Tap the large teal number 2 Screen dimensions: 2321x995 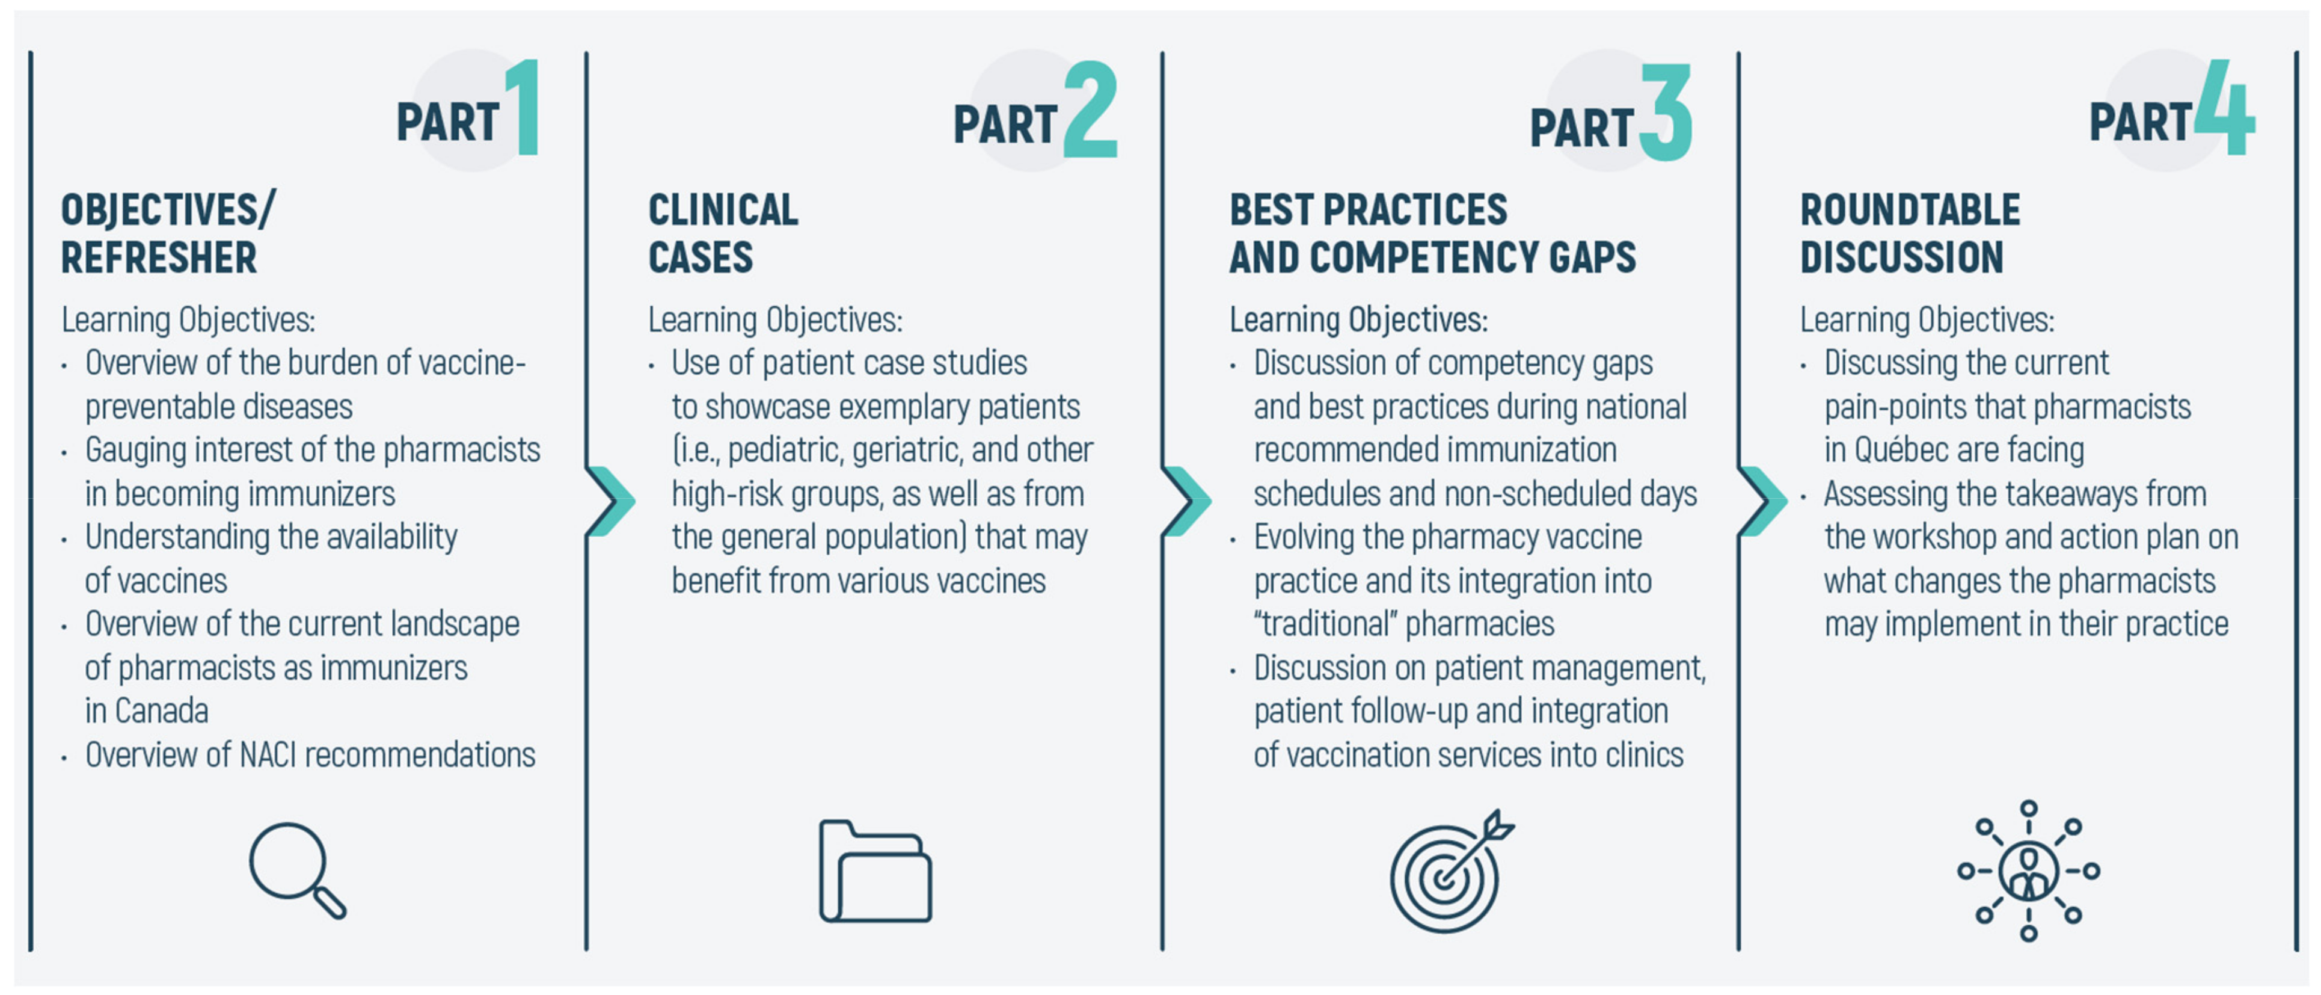tap(1090, 110)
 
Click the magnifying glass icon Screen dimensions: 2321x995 tap(296, 870)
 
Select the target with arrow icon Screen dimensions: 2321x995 tap(1450, 870)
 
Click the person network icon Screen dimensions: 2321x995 tap(2028, 870)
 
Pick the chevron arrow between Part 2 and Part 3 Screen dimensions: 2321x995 tap(1186, 501)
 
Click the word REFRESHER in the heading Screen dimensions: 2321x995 tap(159, 257)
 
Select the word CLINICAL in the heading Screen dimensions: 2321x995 tap(723, 210)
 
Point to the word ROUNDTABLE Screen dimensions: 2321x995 tap(1910, 210)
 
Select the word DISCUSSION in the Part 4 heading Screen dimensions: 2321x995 tap(1902, 257)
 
